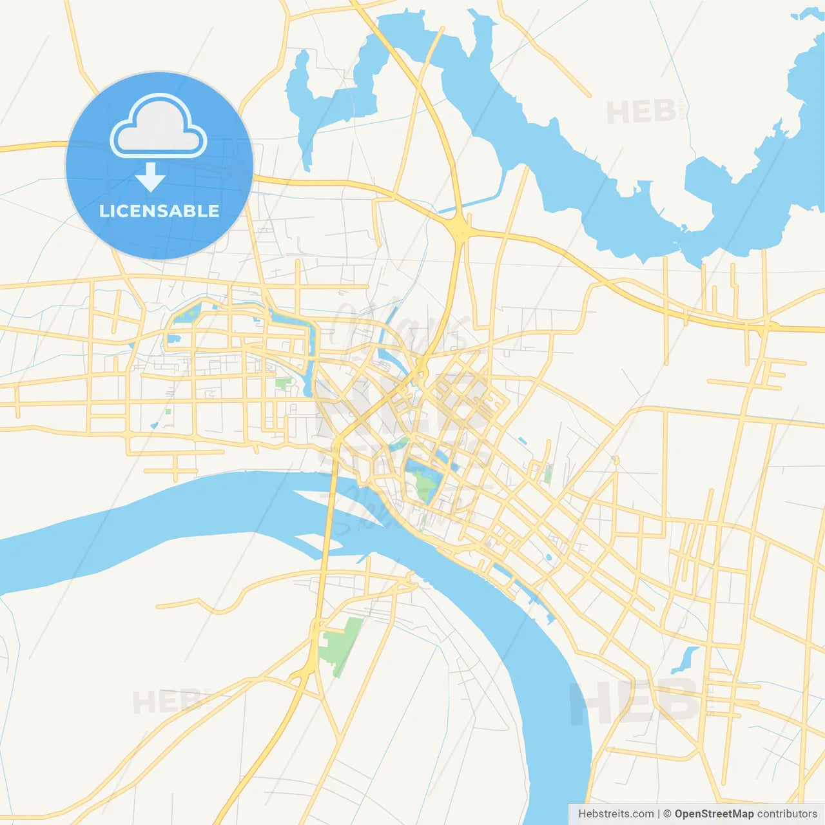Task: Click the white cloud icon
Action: click(159, 126)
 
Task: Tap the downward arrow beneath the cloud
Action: click(150, 177)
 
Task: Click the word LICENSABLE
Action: click(159, 211)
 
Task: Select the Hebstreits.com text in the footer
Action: click(616, 814)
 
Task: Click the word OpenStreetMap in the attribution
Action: click(714, 814)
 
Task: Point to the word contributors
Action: click(787, 814)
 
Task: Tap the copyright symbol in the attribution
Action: click(667, 814)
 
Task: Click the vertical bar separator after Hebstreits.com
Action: click(659, 814)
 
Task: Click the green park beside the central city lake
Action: click(424, 485)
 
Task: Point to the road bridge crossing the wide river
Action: click(329, 522)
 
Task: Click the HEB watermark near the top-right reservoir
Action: click(641, 112)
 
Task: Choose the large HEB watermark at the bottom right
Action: click(635, 701)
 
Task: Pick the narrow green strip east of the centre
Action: click(548, 474)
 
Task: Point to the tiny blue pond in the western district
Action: click(154, 425)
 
